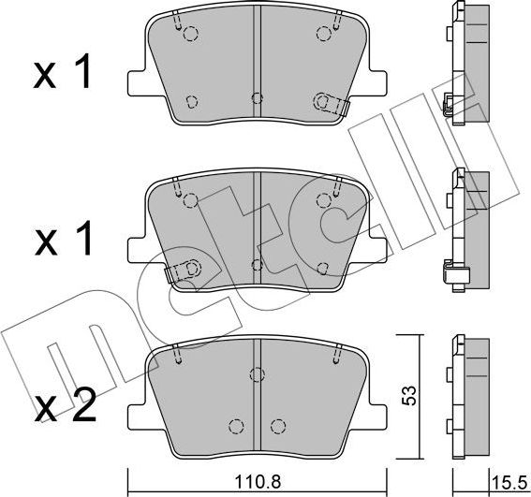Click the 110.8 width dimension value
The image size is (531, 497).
[x=258, y=484]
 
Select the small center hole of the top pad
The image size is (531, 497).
[x=258, y=96]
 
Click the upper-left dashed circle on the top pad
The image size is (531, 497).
[x=191, y=35]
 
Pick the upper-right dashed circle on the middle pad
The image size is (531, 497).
[x=325, y=198]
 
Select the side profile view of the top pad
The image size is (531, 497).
[x=468, y=64]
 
